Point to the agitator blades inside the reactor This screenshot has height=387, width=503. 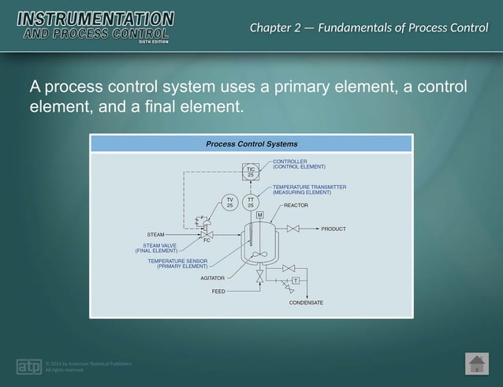(260, 254)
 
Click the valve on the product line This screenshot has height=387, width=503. (293, 229)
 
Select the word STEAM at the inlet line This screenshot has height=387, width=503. (155, 235)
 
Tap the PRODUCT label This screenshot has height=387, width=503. (333, 229)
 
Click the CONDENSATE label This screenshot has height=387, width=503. (306, 303)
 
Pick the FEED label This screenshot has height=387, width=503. (218, 292)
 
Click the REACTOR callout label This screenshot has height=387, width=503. (296, 206)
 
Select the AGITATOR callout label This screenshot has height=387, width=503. (212, 278)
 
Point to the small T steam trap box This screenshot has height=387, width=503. (295, 281)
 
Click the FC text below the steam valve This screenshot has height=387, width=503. (207, 240)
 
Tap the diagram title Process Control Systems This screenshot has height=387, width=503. (251, 144)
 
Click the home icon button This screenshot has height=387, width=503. (476, 363)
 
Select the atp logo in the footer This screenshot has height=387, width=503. (28, 367)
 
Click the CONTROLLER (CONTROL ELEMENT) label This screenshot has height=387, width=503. (299, 164)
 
